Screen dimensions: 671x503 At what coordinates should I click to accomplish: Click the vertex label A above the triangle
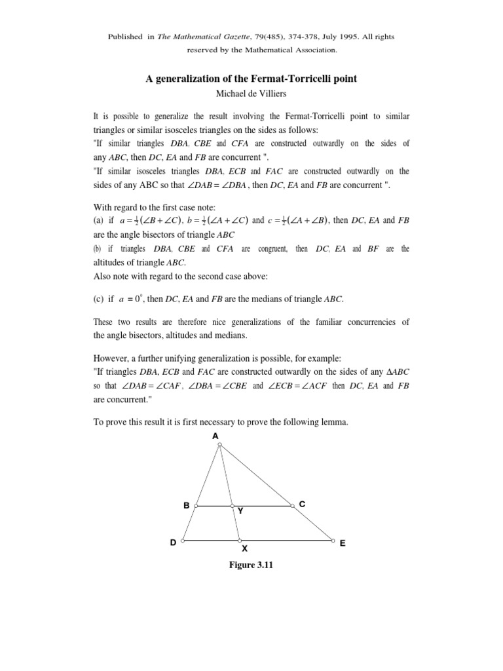[x=215, y=436]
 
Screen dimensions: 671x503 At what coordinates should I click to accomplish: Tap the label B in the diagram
[x=187, y=505]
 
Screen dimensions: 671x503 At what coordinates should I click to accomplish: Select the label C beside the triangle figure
[x=302, y=503]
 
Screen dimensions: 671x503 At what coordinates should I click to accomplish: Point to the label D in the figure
[x=173, y=543]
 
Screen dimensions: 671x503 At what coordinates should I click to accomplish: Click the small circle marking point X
[x=240, y=541]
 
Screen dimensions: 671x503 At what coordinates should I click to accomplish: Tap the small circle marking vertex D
[x=183, y=541]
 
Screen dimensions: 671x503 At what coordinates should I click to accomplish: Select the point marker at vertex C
[x=292, y=505]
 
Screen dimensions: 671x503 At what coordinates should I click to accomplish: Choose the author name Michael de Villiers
[x=251, y=94]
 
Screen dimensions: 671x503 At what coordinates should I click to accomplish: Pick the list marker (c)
[x=99, y=299]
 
